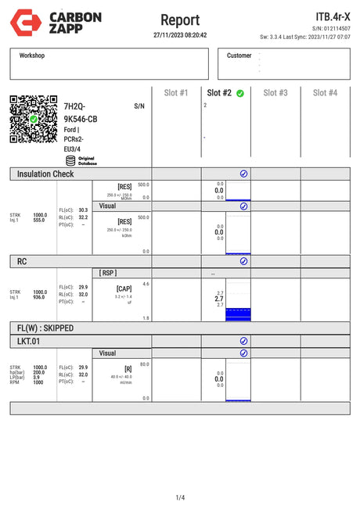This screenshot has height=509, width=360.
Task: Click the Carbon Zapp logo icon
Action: (x=21, y=21)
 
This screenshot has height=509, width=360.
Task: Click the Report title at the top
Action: (x=179, y=20)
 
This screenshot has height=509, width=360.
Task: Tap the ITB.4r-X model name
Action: (x=332, y=16)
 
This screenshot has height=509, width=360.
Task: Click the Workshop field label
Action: (x=32, y=56)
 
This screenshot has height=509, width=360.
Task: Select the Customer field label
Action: (x=239, y=56)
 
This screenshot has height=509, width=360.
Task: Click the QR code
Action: (x=34, y=120)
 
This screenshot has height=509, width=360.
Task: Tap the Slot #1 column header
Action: (x=176, y=93)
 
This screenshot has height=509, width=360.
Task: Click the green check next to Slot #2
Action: (x=240, y=93)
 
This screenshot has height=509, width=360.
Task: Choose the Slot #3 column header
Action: (x=275, y=93)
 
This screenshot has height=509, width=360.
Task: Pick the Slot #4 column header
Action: (x=325, y=93)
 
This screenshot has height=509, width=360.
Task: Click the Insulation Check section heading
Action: (x=45, y=174)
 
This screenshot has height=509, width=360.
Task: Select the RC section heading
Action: (x=22, y=261)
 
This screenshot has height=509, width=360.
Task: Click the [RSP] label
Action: (x=108, y=272)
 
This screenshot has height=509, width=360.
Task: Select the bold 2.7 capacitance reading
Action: (x=219, y=299)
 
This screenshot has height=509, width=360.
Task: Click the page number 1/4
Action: (x=180, y=497)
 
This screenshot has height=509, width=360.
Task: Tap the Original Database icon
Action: (x=70, y=160)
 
